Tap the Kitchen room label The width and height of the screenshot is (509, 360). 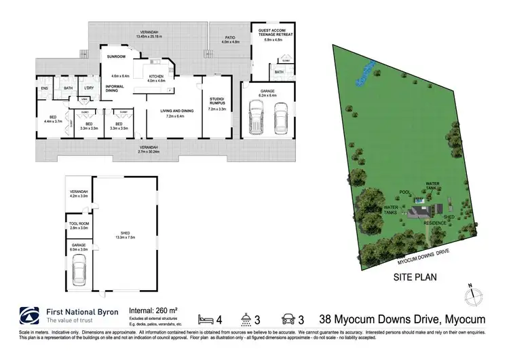[x=157, y=76]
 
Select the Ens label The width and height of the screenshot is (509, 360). [x=44, y=88]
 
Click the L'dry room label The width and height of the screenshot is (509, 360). [x=89, y=88]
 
